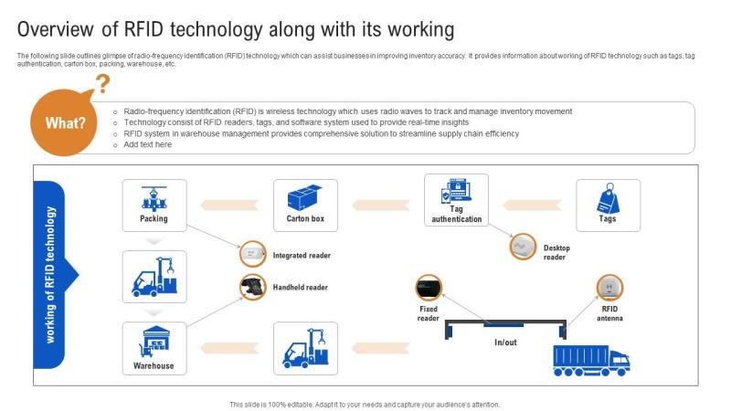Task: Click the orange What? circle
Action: (64, 122)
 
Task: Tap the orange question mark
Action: (102, 84)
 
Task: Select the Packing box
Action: (154, 205)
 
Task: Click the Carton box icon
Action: (305, 197)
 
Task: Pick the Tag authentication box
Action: (456, 200)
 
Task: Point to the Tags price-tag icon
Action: (608, 198)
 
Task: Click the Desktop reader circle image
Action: (523, 247)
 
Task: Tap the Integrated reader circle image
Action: (253, 254)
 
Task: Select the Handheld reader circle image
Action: (253, 287)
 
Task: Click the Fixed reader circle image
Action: (429, 288)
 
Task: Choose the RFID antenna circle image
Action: (609, 288)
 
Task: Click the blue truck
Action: (591, 360)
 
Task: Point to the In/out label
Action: (505, 342)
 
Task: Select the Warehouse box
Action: (154, 348)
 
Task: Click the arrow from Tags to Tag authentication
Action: (532, 205)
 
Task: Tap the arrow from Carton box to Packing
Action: (229, 205)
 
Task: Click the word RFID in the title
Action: (143, 29)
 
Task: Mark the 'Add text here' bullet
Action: (147, 144)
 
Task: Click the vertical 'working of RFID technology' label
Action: (50, 275)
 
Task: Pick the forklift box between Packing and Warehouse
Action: (154, 277)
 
